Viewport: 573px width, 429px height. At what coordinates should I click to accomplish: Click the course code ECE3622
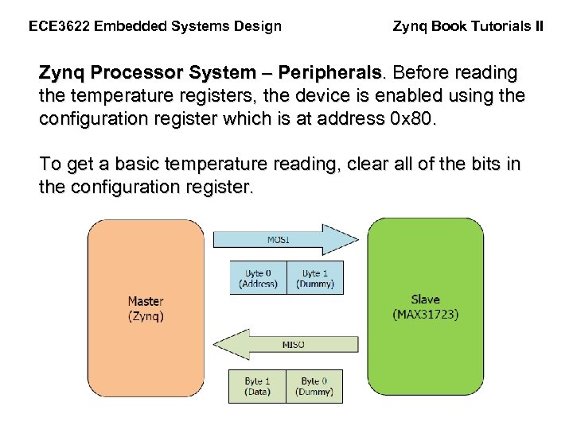click(58, 26)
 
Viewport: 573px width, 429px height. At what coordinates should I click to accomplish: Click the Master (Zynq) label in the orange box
click(146, 308)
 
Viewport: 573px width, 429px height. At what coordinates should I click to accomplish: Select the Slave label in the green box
click(425, 300)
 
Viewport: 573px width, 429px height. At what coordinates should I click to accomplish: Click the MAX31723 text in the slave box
click(425, 315)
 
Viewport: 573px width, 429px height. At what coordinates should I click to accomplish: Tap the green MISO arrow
click(286, 344)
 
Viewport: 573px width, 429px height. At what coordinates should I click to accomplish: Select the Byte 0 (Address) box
click(258, 278)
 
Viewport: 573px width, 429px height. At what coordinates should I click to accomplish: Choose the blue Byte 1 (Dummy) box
click(314, 278)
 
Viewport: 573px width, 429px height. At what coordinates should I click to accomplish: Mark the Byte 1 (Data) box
click(258, 386)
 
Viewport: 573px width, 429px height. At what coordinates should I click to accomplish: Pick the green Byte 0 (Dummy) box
click(314, 386)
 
